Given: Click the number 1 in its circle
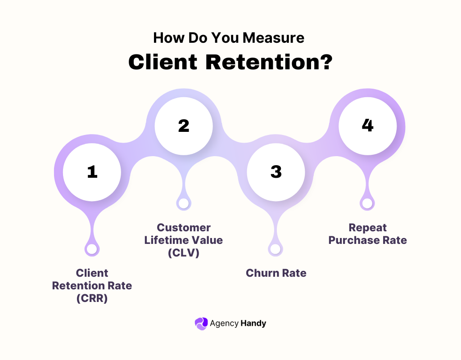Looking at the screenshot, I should click(x=92, y=172).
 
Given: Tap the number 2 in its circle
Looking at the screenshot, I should click(x=184, y=126).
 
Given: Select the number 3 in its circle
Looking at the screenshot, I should click(x=276, y=172).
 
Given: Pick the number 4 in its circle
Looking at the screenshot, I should click(x=367, y=126).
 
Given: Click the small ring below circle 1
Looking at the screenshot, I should click(x=92, y=249).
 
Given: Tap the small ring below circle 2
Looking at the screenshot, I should click(x=183, y=203).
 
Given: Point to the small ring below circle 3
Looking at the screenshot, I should click(x=275, y=249).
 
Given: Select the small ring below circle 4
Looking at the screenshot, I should click(x=367, y=203).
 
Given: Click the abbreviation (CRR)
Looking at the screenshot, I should click(x=92, y=298).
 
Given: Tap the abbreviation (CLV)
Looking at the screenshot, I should click(x=184, y=253).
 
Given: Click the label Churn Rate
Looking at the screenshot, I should click(x=276, y=273).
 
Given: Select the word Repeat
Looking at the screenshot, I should click(x=367, y=227).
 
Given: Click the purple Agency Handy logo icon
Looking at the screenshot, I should click(x=201, y=323).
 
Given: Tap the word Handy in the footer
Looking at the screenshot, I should click(x=253, y=323).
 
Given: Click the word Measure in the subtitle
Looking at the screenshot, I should click(x=274, y=38).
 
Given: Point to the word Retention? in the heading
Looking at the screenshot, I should click(x=269, y=63).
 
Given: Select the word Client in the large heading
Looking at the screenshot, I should click(x=163, y=63).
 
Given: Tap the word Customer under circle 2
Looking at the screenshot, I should click(x=184, y=227).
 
